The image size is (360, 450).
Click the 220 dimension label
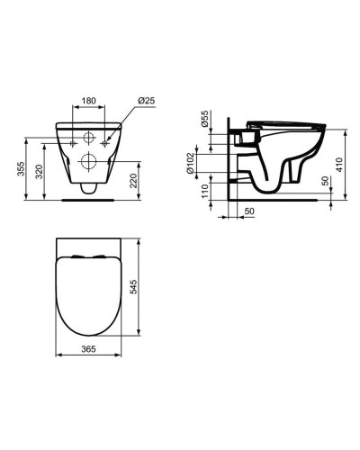click(x=133, y=182)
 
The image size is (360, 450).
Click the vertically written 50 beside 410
click(x=326, y=183)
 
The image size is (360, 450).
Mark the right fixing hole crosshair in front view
click(x=105, y=142)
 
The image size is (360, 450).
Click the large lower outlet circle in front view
click(x=89, y=163)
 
